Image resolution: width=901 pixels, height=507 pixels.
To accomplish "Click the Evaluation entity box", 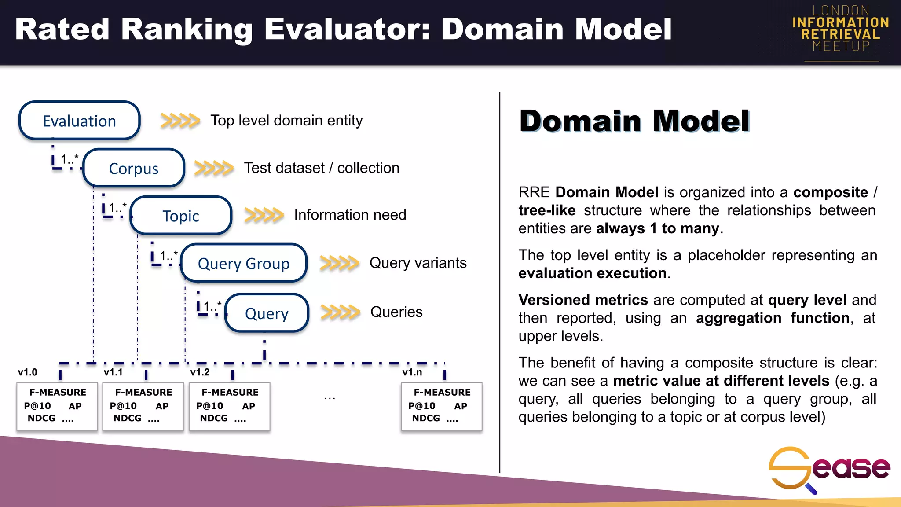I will [80, 121].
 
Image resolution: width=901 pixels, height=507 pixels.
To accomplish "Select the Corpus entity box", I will [133, 168].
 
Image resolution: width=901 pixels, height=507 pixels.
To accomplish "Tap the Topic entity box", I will [181, 216].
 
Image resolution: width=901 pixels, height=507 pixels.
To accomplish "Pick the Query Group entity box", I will [244, 263].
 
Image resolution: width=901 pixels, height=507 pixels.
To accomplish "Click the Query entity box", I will [267, 313].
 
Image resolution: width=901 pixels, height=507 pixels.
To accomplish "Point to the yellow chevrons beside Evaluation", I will [180, 120].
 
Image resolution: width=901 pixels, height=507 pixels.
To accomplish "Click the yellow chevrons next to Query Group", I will [339, 263].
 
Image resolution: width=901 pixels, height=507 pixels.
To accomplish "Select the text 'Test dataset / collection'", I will [322, 168].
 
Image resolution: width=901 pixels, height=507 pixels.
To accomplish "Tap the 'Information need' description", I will [350, 215].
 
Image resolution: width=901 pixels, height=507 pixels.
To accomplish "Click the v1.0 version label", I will [27, 372].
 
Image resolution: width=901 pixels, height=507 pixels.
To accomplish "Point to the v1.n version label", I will [412, 372].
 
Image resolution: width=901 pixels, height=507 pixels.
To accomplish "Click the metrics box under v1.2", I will [229, 406].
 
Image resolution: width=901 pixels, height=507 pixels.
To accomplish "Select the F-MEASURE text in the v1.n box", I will [442, 392].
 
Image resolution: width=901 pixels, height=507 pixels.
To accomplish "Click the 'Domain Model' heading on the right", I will [634, 121].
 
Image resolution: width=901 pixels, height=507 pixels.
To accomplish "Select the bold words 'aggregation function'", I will [772, 318].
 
